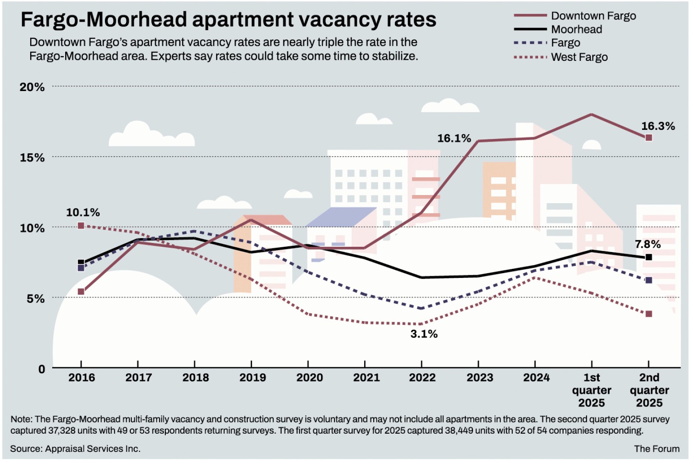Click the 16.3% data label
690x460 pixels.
[658, 126]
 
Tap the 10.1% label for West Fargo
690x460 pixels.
[83, 212]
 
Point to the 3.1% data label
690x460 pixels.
[424, 334]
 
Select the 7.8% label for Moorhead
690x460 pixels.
[648, 244]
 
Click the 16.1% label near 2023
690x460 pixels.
[454, 138]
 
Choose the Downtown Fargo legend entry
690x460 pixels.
[593, 16]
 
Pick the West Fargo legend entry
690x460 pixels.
[579, 57]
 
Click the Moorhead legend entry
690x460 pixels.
[577, 29]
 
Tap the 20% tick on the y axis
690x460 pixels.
[32, 87]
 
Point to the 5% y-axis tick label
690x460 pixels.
[35, 299]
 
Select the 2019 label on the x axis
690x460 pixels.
[252, 378]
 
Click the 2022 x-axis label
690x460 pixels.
[422, 378]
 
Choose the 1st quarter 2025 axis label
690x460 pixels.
[592, 390]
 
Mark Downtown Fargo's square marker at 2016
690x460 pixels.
[81, 292]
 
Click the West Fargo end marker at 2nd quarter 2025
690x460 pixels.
[649, 314]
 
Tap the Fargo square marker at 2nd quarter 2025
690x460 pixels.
[649, 280]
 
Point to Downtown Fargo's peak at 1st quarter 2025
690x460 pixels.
[591, 114]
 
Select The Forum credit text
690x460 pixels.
[656, 449]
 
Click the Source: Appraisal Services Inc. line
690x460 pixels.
[75, 449]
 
